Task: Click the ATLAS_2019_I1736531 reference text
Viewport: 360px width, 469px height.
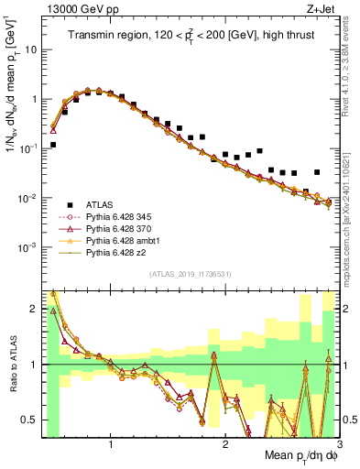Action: click(x=191, y=274)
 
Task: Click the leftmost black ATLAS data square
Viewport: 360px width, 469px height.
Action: click(x=53, y=145)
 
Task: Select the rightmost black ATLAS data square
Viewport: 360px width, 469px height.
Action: click(x=317, y=172)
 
